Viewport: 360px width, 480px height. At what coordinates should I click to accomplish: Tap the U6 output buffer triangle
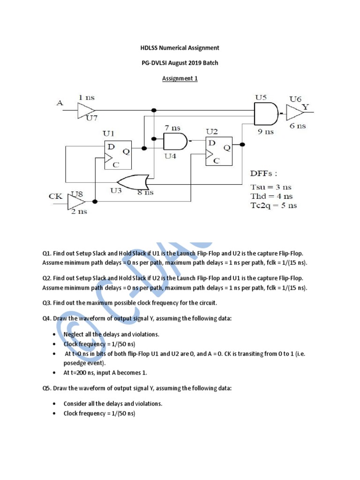click(295, 112)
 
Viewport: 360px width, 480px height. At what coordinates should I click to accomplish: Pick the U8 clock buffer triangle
click(76, 202)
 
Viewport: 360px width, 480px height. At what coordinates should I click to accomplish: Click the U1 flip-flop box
click(118, 154)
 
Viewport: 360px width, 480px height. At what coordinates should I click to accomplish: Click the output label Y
click(306, 107)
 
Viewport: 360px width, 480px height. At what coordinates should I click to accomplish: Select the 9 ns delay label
click(265, 132)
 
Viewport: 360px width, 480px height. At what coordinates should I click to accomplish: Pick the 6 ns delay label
click(297, 126)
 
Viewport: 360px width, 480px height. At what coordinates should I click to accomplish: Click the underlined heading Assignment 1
click(180, 79)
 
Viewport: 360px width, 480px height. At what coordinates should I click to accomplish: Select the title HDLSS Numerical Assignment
click(180, 48)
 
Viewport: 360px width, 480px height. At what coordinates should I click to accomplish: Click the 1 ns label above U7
click(86, 97)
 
